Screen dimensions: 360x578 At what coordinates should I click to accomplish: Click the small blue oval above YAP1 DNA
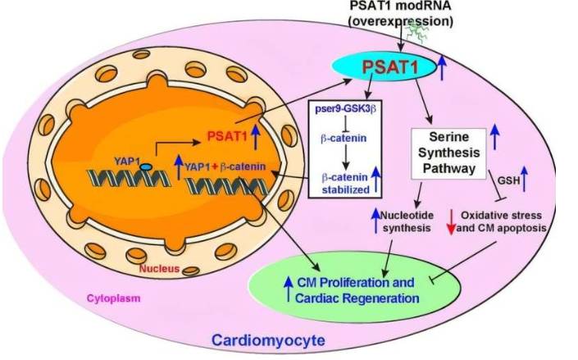click(x=144, y=166)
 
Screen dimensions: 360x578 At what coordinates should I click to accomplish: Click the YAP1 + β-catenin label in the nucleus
click(x=226, y=169)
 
